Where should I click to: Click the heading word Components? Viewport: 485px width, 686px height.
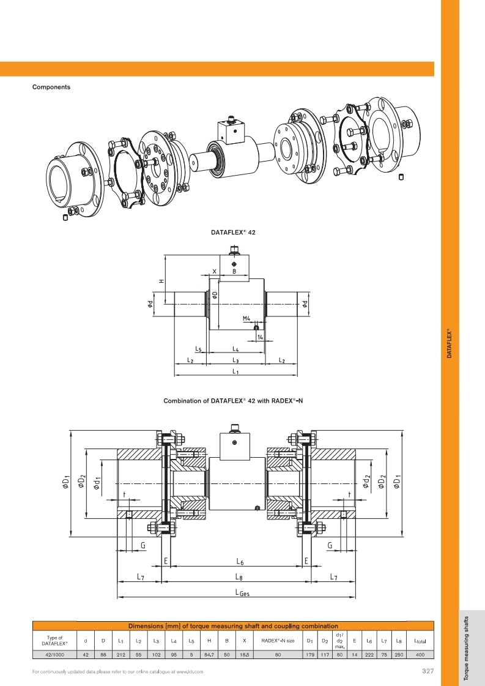[51, 87]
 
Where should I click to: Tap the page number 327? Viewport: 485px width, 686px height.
[428, 671]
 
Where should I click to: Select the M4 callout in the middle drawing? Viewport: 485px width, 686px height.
[246, 319]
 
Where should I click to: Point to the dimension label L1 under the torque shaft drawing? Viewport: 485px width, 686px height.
[235, 371]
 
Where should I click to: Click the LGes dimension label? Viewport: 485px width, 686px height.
[242, 592]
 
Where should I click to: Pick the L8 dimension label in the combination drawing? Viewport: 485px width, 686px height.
[239, 576]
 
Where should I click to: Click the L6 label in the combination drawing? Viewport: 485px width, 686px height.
[240, 561]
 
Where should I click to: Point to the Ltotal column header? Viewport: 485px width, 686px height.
[420, 641]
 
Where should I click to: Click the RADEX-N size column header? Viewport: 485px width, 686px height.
[278, 641]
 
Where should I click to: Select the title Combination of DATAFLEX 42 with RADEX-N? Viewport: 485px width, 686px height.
[234, 402]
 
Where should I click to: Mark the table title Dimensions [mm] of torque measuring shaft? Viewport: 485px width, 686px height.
[233, 626]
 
